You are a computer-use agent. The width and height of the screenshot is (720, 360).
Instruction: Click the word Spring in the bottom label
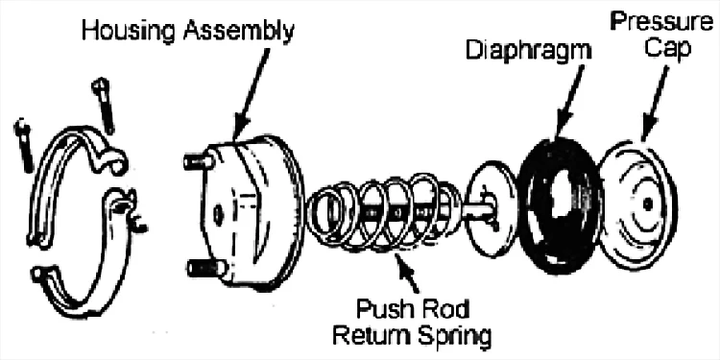454,337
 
